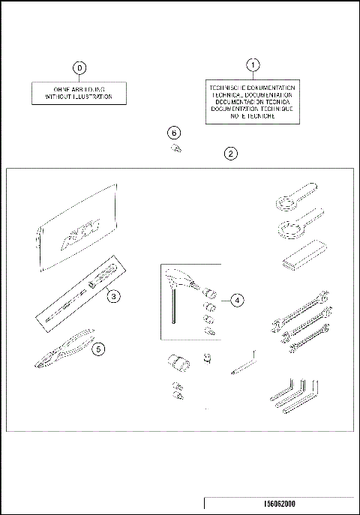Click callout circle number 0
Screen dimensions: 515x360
point(79,68)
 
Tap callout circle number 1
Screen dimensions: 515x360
point(253,65)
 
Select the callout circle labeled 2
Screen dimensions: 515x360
point(232,154)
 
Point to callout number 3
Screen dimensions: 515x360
point(112,297)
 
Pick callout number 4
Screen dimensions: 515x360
point(236,301)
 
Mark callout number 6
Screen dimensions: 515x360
point(174,133)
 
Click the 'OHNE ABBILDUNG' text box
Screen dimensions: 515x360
point(79,92)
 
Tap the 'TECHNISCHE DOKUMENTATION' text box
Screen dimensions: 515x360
point(253,102)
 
